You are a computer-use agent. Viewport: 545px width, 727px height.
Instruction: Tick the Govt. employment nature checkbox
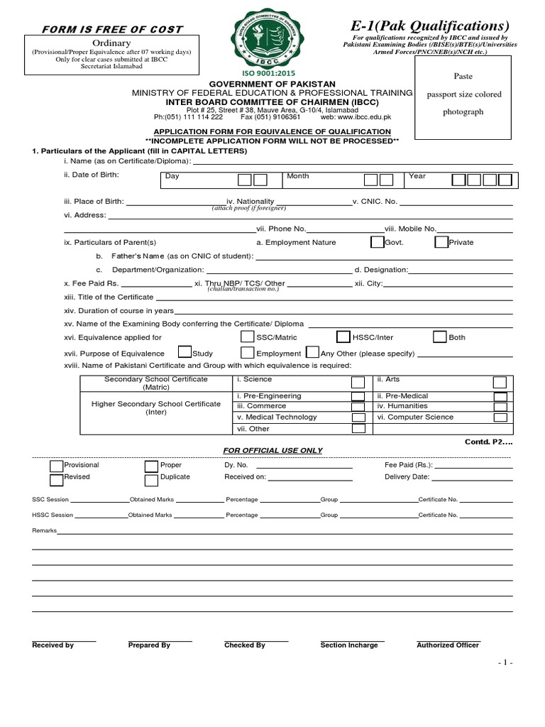click(377, 242)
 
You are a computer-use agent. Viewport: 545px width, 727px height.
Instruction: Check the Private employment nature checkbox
click(441, 242)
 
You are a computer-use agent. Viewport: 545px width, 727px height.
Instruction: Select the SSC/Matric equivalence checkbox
click(248, 337)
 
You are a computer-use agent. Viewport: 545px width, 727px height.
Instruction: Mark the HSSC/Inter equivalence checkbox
click(343, 337)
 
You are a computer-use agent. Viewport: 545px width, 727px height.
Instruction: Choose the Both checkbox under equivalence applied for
click(439, 337)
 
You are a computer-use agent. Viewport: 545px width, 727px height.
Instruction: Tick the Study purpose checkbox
click(185, 352)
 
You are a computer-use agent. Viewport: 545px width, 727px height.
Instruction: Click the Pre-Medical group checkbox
click(500, 396)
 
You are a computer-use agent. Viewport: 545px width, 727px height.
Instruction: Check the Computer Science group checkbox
click(500, 417)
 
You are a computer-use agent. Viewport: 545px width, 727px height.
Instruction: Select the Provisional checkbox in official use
click(56, 466)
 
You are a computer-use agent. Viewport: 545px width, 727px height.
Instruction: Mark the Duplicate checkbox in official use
click(151, 479)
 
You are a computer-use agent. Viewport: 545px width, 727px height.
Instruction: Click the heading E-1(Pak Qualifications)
click(434, 26)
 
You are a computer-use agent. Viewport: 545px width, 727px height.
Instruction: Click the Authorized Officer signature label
click(448, 645)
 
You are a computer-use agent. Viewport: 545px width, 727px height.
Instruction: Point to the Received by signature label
click(53, 645)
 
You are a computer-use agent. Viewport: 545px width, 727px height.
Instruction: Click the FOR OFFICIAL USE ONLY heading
click(272, 451)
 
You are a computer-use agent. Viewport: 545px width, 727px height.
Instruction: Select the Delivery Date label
click(407, 477)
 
